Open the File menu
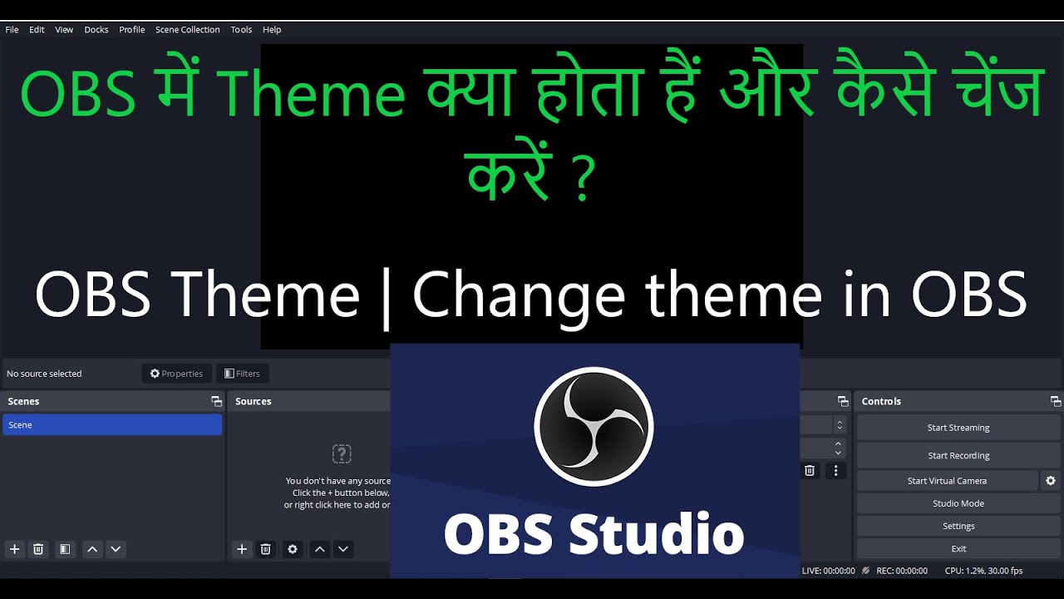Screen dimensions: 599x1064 pyautogui.click(x=12, y=30)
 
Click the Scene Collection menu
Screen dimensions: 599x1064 pyautogui.click(x=187, y=30)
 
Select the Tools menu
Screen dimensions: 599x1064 pyautogui.click(x=241, y=30)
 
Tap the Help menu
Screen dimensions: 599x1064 pyautogui.click(x=272, y=30)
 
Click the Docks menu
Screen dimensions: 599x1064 pyautogui.click(x=96, y=30)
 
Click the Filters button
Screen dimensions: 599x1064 pyautogui.click(x=242, y=374)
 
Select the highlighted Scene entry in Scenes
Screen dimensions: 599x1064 pyautogui.click(x=111, y=425)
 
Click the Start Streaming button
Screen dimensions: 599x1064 pyautogui.click(x=958, y=428)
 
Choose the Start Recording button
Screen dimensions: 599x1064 pyautogui.click(x=958, y=456)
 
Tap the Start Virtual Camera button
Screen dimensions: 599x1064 pyautogui.click(x=947, y=481)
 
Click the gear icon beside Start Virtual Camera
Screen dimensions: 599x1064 pyautogui.click(x=1051, y=481)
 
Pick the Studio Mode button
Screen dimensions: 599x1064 pyautogui.click(x=958, y=503)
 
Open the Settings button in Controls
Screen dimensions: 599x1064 pyautogui.click(x=958, y=526)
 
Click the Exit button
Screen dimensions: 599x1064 pyautogui.click(x=958, y=549)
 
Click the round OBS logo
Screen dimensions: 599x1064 pyautogui.click(x=594, y=426)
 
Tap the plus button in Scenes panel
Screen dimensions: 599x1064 pyautogui.click(x=14, y=549)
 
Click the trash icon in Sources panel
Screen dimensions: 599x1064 pyautogui.click(x=266, y=549)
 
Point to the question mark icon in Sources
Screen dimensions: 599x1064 pyautogui.click(x=342, y=453)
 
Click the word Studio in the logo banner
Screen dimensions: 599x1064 pyautogui.click(x=656, y=533)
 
